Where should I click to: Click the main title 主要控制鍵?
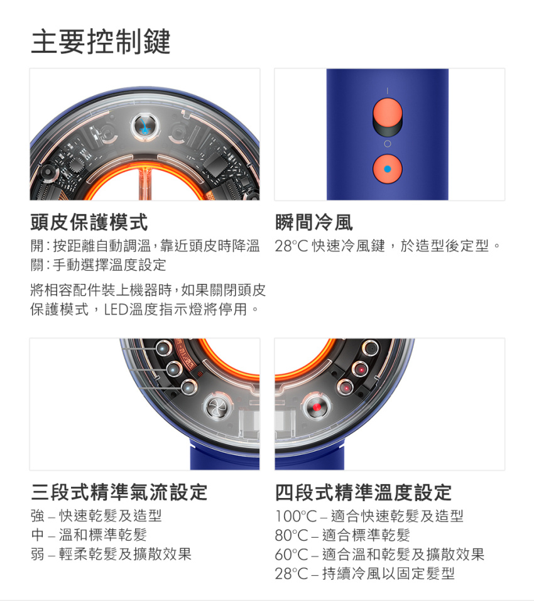(101, 41)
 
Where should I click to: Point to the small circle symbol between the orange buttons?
(388, 144)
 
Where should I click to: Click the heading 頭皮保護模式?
(89, 222)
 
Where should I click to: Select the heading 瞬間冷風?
(314, 222)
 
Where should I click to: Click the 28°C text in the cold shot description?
(292, 246)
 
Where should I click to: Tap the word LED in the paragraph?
(116, 309)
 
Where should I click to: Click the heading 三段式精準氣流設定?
(119, 492)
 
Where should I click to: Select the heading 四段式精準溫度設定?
(363, 492)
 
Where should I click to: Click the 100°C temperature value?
(297, 516)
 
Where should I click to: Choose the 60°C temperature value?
(292, 555)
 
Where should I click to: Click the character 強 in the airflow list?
(38, 516)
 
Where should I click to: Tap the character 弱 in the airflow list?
(38, 555)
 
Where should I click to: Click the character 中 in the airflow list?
(38, 535)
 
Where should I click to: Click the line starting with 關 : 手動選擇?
(99, 265)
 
